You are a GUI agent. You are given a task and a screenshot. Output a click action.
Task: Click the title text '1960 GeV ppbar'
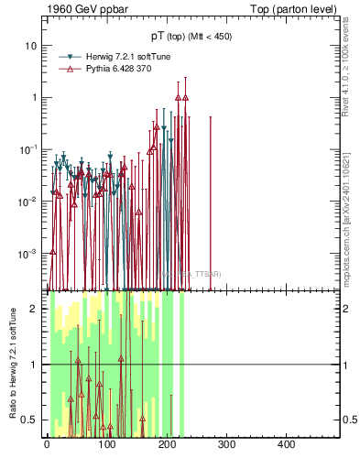pos(84,10)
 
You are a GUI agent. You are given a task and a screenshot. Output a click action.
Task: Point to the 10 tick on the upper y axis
pos(33,46)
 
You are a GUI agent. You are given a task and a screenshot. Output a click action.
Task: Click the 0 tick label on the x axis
pos(47,445)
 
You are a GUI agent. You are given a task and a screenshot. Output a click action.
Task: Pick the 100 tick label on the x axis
pos(106,445)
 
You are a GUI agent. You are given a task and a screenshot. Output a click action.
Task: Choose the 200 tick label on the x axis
pos(167,445)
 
